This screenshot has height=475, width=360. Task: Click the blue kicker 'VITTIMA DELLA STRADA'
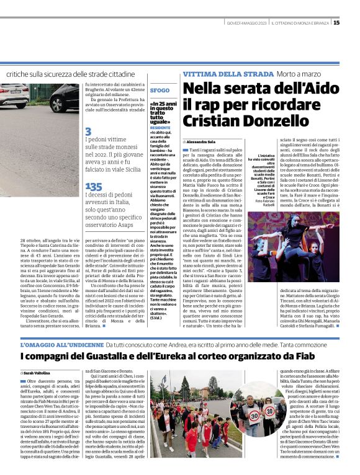click(220, 74)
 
